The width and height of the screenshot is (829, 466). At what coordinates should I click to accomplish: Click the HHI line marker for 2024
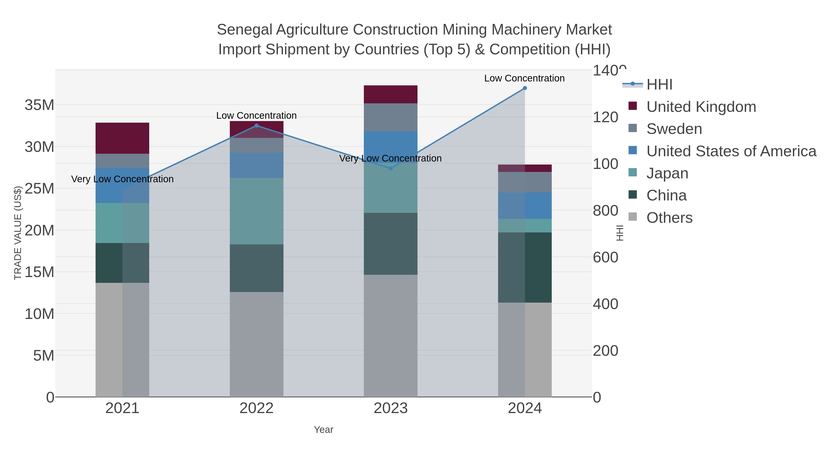[525, 88]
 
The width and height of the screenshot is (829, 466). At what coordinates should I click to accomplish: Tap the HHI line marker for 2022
[257, 126]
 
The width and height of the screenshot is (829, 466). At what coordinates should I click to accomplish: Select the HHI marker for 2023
[391, 168]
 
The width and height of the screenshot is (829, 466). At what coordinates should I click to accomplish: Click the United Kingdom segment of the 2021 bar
[122, 138]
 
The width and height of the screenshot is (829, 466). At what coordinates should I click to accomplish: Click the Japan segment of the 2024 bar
[525, 226]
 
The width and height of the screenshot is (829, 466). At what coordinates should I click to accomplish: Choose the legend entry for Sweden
[674, 129]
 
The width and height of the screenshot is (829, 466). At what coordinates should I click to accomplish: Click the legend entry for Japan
[667, 173]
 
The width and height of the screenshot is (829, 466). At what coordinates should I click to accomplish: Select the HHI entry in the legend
[659, 85]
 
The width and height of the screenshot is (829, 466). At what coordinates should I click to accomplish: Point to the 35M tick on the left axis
[39, 105]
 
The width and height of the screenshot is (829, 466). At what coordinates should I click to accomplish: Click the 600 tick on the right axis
[605, 257]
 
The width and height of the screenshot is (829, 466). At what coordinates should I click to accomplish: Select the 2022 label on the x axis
[257, 408]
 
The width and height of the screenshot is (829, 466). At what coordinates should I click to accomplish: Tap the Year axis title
[324, 430]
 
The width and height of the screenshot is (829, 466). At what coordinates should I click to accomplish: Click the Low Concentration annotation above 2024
[524, 78]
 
